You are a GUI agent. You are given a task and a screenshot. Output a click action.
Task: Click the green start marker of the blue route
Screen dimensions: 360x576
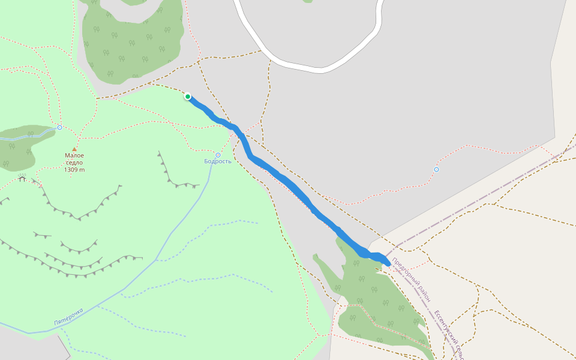[x=188, y=97]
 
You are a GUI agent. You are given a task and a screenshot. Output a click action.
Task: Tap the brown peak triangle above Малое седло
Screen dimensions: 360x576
[x=74, y=149]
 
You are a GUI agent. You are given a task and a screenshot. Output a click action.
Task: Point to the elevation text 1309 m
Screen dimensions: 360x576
[x=74, y=170]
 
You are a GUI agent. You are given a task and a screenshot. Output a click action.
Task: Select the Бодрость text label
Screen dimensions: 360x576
[x=218, y=161]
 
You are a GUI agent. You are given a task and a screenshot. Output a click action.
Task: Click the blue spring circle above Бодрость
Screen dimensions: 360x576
[x=218, y=155]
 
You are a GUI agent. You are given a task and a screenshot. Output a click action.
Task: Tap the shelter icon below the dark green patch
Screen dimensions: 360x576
[x=22, y=178]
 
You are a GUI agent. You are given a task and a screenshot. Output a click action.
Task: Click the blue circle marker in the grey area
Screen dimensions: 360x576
[x=436, y=169]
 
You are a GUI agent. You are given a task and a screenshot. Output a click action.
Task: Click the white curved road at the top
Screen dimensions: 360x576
[x=312, y=69]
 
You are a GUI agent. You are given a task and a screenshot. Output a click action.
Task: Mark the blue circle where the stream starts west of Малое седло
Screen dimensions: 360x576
[x=59, y=127]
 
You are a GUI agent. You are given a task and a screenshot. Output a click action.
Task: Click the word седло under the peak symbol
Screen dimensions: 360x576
[x=74, y=163]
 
